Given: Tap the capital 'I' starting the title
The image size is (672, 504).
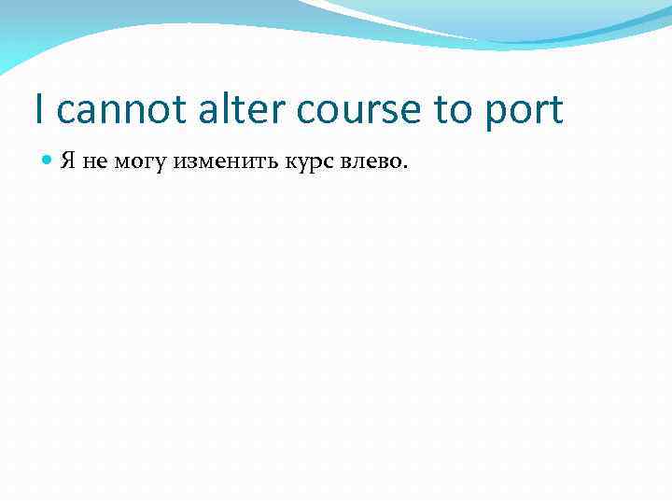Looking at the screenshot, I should (38, 109).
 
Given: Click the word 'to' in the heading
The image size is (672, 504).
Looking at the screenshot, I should (454, 110).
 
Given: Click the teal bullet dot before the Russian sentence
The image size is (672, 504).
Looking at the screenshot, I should (49, 161).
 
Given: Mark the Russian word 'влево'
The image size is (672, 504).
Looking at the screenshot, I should (370, 162).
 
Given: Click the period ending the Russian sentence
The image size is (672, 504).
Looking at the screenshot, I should (405, 168).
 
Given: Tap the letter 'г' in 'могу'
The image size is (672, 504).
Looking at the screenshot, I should (148, 162).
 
